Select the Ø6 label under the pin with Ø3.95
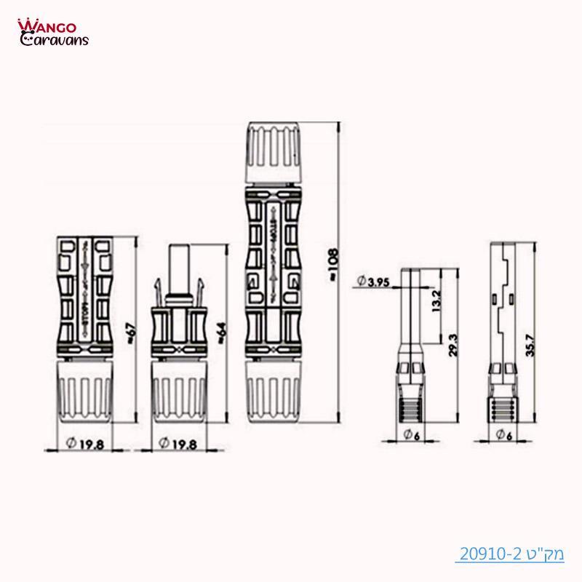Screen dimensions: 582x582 click(x=412, y=436)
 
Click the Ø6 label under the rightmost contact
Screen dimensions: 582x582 click(x=502, y=436)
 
